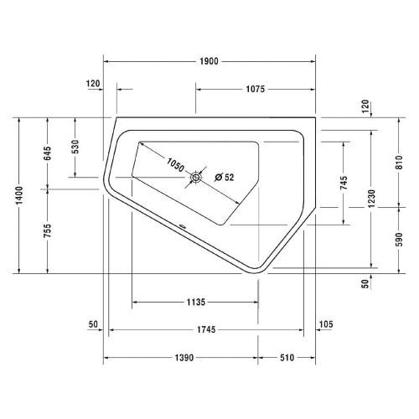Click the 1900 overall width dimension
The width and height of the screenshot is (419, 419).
(x=209, y=60)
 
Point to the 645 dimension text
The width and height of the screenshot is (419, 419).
(x=48, y=153)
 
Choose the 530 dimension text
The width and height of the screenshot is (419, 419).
(x=76, y=147)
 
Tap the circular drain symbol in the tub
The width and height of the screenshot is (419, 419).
(x=198, y=177)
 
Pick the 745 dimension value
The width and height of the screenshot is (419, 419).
(x=344, y=184)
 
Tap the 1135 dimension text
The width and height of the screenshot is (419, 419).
(x=194, y=303)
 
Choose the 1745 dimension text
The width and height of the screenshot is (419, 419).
(x=209, y=329)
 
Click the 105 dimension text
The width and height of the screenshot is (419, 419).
(x=326, y=324)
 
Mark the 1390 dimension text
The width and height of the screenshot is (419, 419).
(x=179, y=358)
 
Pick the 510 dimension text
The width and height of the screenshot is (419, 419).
(x=286, y=358)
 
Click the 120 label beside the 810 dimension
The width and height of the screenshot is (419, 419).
(x=365, y=106)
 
